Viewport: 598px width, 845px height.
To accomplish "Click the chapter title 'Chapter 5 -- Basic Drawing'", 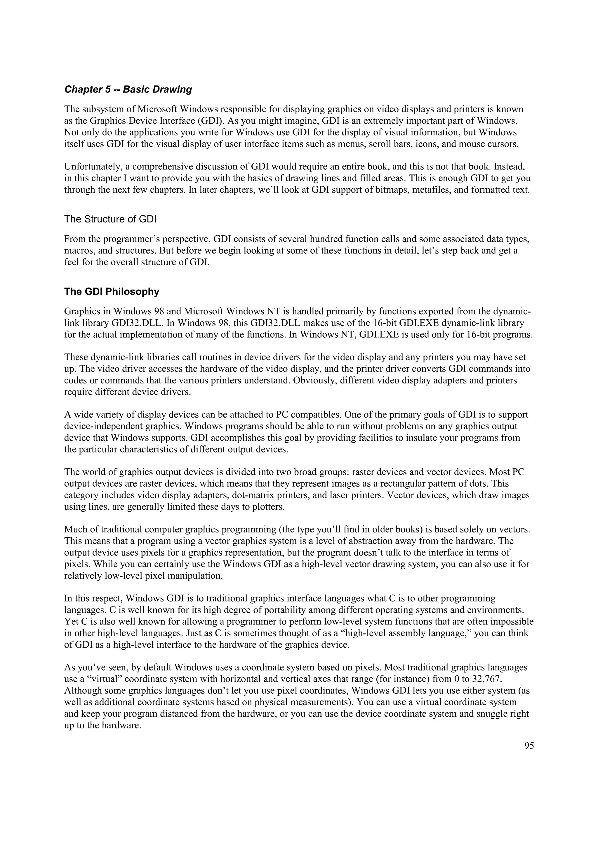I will [128, 90].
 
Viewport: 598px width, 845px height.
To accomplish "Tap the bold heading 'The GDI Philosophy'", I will [112, 292].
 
